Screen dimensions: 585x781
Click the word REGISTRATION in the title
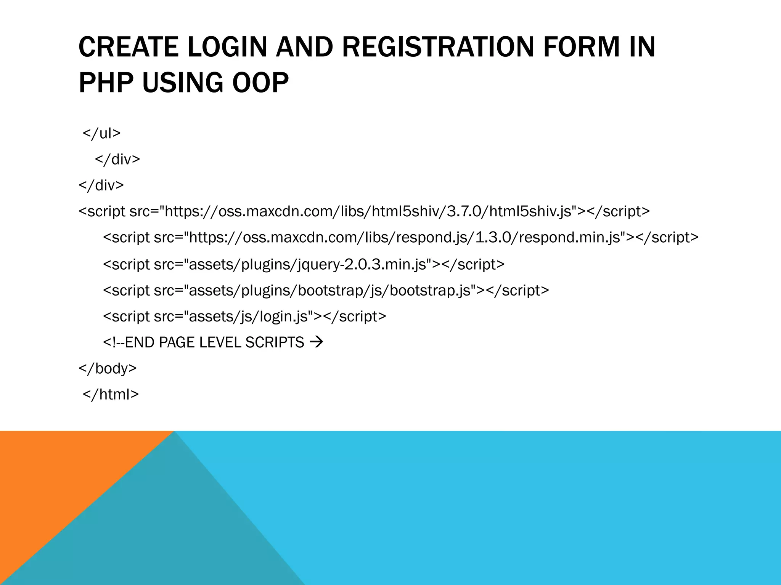[x=439, y=47]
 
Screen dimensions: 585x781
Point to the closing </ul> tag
[x=101, y=133]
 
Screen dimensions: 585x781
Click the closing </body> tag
[x=108, y=368]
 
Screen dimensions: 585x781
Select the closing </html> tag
[x=111, y=394]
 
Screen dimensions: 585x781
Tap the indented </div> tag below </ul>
[x=117, y=159]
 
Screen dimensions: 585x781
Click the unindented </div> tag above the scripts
[x=101, y=185]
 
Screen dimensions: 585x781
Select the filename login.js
[x=284, y=316]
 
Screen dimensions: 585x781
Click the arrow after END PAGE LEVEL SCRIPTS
[x=317, y=342]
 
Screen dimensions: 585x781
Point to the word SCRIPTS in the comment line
[x=275, y=342]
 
